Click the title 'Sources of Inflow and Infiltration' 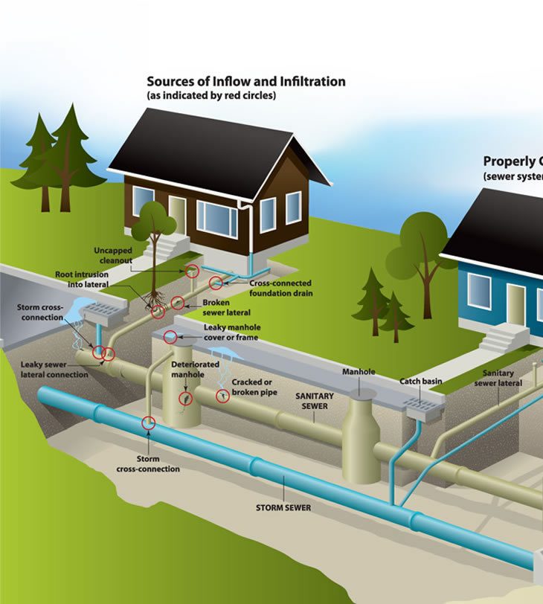245,81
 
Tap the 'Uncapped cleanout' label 112,255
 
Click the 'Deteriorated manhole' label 195,369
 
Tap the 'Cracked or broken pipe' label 255,386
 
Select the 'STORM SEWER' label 283,508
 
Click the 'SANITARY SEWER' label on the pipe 314,401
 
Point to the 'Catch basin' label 420,381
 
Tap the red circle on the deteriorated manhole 185,398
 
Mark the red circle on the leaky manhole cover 170,337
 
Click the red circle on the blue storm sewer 149,423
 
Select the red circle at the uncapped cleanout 193,271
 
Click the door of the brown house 177,213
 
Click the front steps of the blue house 505,341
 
